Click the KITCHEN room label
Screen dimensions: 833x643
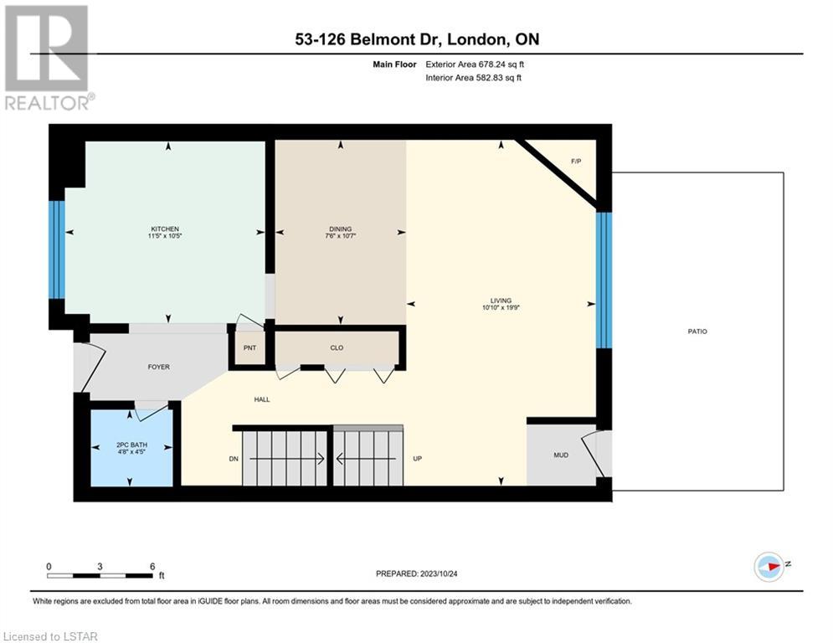tap(165, 229)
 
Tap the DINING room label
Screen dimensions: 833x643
tap(340, 229)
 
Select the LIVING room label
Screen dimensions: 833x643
tap(501, 301)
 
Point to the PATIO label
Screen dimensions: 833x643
tap(697, 332)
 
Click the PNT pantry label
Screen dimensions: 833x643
tap(249, 348)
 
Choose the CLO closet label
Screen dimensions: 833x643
tap(337, 348)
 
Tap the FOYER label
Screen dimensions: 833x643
tap(159, 368)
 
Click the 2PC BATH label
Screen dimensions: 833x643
tap(131, 445)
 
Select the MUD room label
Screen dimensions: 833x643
tap(561, 455)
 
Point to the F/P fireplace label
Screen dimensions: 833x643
tap(576, 161)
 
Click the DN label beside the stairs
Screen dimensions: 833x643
tap(234, 459)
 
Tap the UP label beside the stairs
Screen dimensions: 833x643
tap(418, 459)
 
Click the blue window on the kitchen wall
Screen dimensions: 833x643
tap(57, 249)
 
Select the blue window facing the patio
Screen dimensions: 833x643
tap(604, 280)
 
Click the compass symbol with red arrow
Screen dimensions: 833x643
tap(769, 567)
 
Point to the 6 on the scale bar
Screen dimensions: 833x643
tap(152, 567)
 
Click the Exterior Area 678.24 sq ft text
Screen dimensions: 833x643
tap(475, 64)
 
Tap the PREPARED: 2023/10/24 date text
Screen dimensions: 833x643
tap(417, 574)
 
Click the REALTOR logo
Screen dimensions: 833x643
tap(48, 58)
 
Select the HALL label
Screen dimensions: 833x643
tap(262, 399)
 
